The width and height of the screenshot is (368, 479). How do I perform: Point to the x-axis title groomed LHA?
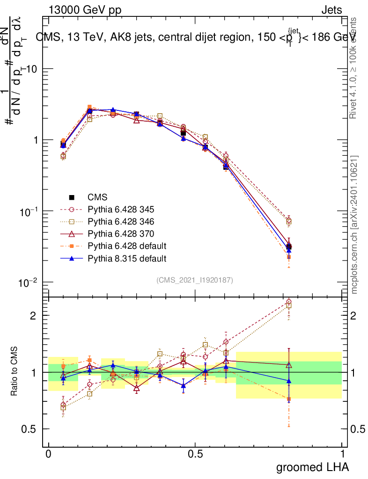(312, 466)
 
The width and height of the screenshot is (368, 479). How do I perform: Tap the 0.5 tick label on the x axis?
(195, 454)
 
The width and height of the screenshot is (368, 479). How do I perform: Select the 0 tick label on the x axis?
(49, 454)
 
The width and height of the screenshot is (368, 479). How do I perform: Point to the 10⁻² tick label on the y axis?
(29, 283)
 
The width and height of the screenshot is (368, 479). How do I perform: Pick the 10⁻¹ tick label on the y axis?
(29, 211)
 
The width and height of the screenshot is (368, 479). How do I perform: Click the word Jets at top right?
(331, 10)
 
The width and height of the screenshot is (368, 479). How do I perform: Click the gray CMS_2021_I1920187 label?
(195, 280)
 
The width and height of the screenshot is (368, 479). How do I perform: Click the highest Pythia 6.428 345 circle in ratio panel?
(288, 302)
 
